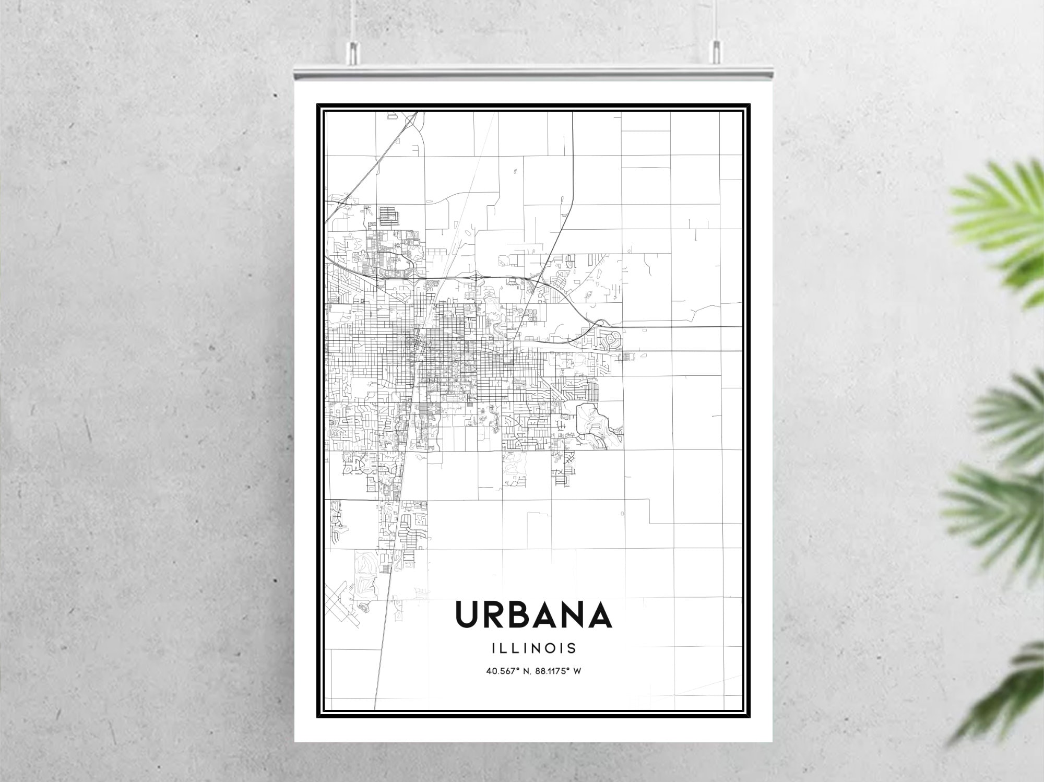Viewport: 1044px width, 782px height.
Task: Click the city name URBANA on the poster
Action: click(533, 614)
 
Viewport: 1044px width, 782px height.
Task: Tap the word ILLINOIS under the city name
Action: click(533, 648)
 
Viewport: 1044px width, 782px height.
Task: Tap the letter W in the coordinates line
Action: click(577, 671)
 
